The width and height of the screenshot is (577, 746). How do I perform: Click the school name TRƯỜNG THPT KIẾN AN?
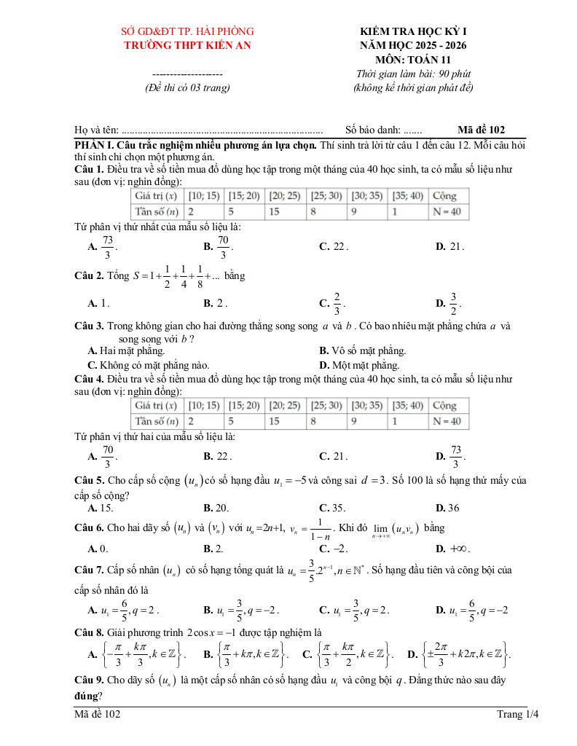tap(187, 45)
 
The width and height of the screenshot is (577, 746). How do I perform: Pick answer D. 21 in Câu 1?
tap(450, 246)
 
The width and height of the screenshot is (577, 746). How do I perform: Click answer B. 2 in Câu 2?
tap(216, 302)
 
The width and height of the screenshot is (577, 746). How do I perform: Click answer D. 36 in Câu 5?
tap(447, 508)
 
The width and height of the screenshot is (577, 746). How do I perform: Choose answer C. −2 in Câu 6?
tap(332, 548)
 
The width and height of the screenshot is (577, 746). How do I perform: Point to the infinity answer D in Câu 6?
tap(450, 548)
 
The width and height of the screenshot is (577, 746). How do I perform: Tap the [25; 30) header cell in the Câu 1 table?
tap(326, 195)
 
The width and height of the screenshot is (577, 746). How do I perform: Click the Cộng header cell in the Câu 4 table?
tap(444, 405)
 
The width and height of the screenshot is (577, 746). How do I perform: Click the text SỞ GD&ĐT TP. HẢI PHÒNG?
tap(187, 31)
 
